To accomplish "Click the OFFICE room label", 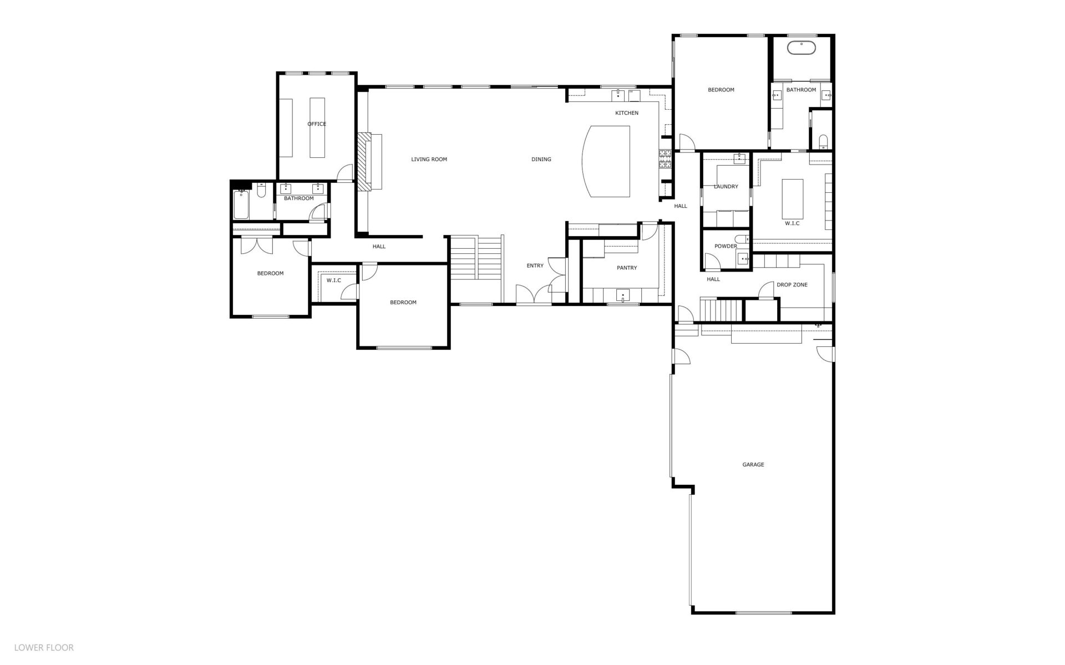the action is [317, 124].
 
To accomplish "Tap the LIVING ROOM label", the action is [429, 160].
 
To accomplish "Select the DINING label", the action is [541, 160].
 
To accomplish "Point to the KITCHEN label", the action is [627, 113].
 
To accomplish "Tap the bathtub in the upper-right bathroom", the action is [802, 48].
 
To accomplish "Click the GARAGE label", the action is [753, 465].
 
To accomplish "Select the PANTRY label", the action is [627, 268].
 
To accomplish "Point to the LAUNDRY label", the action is [726, 187].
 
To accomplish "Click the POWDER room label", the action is [726, 247].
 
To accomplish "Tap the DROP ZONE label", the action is [792, 285].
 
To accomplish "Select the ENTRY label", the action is [535, 266].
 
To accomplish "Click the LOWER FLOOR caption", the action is [44, 647].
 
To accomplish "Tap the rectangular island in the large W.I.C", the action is [793, 199].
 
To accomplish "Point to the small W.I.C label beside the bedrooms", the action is [334, 280].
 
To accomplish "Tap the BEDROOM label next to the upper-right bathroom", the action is [721, 90].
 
